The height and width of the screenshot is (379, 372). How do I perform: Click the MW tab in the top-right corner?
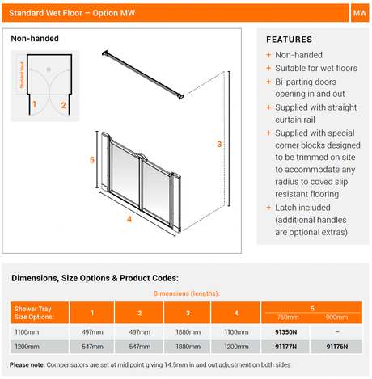pos(360,13)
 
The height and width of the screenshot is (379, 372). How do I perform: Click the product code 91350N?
pos(285,332)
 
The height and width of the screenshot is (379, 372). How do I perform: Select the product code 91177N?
pos(285,347)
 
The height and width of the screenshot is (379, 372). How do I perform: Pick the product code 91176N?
pos(337,347)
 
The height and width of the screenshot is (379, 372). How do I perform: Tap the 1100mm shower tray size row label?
pos(27,332)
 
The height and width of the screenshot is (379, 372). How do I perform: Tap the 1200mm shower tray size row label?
pos(27,347)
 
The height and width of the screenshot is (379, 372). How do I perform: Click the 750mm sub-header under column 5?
pos(288,318)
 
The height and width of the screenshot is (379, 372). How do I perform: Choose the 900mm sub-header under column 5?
pos(336,318)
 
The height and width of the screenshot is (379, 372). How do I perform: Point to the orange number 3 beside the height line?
pos(219,144)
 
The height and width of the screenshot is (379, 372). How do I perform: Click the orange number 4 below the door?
pos(129,219)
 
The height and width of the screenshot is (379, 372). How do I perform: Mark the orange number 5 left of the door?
pos(92,160)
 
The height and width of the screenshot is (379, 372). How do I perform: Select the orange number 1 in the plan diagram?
pos(35,104)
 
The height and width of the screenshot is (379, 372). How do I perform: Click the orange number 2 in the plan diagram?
pos(63,105)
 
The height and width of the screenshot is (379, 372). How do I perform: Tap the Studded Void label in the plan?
pos(22,75)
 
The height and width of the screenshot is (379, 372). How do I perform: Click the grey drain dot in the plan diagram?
pos(49,69)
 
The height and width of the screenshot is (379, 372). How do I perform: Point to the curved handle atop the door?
pos(140,155)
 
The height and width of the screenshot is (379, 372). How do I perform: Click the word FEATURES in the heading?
pos(290,40)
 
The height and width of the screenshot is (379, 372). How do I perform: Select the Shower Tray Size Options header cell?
pos(40,313)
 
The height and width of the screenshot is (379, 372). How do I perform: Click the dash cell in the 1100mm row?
pos(337,332)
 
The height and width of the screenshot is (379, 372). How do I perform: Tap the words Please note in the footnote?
pos(27,365)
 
